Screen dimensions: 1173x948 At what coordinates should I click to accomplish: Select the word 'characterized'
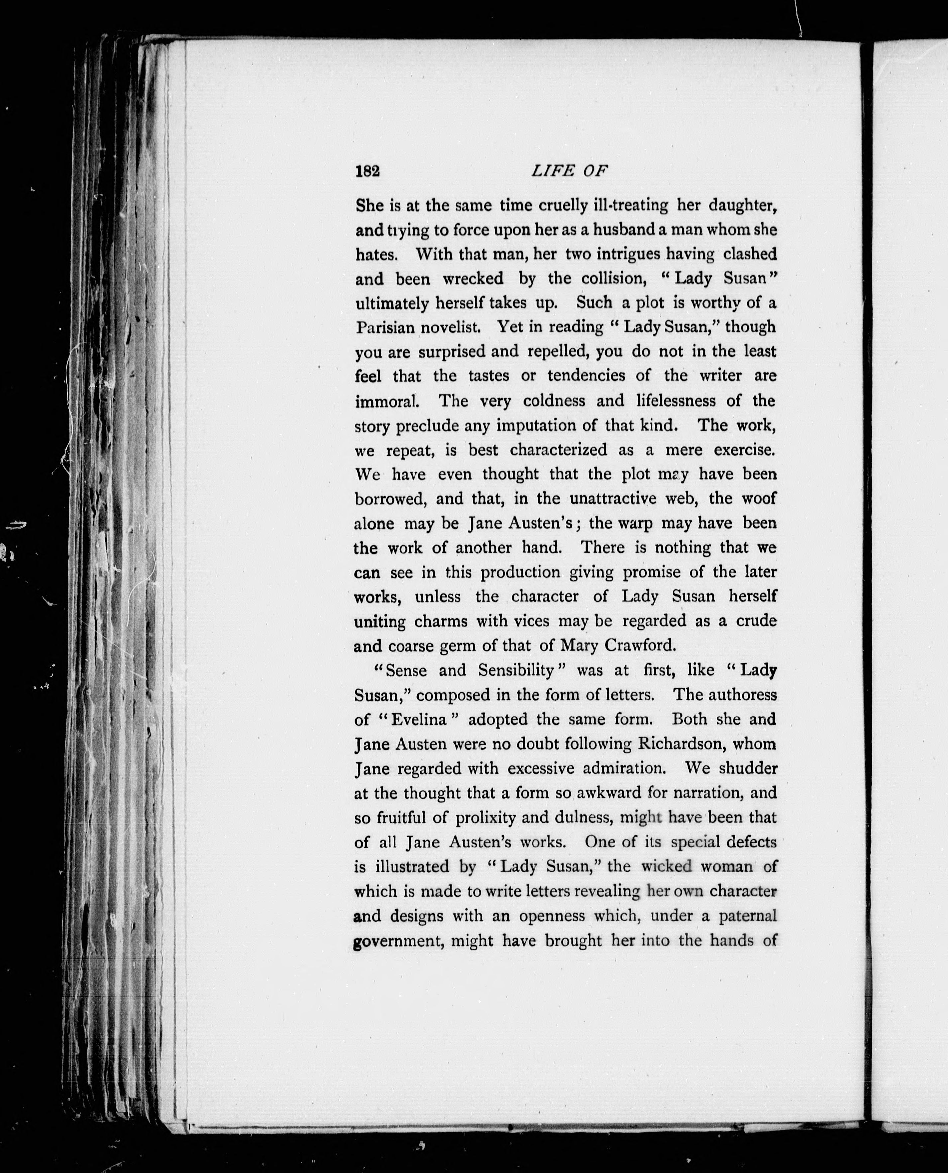pyautogui.click(x=558, y=450)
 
